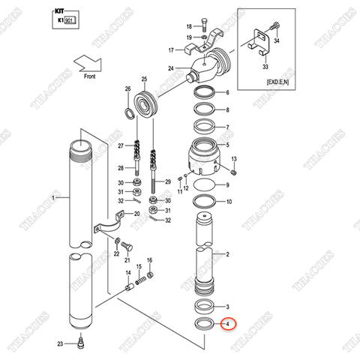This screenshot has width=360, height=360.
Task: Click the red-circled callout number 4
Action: click(x=228, y=325)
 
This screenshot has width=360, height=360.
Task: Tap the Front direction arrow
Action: click(x=94, y=62)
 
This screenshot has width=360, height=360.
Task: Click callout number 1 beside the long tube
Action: click(x=52, y=198)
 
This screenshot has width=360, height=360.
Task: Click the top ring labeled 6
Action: click(x=202, y=93)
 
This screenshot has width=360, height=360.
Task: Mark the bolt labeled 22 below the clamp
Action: click(x=125, y=247)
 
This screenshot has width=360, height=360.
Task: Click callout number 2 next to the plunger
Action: click(x=228, y=254)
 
